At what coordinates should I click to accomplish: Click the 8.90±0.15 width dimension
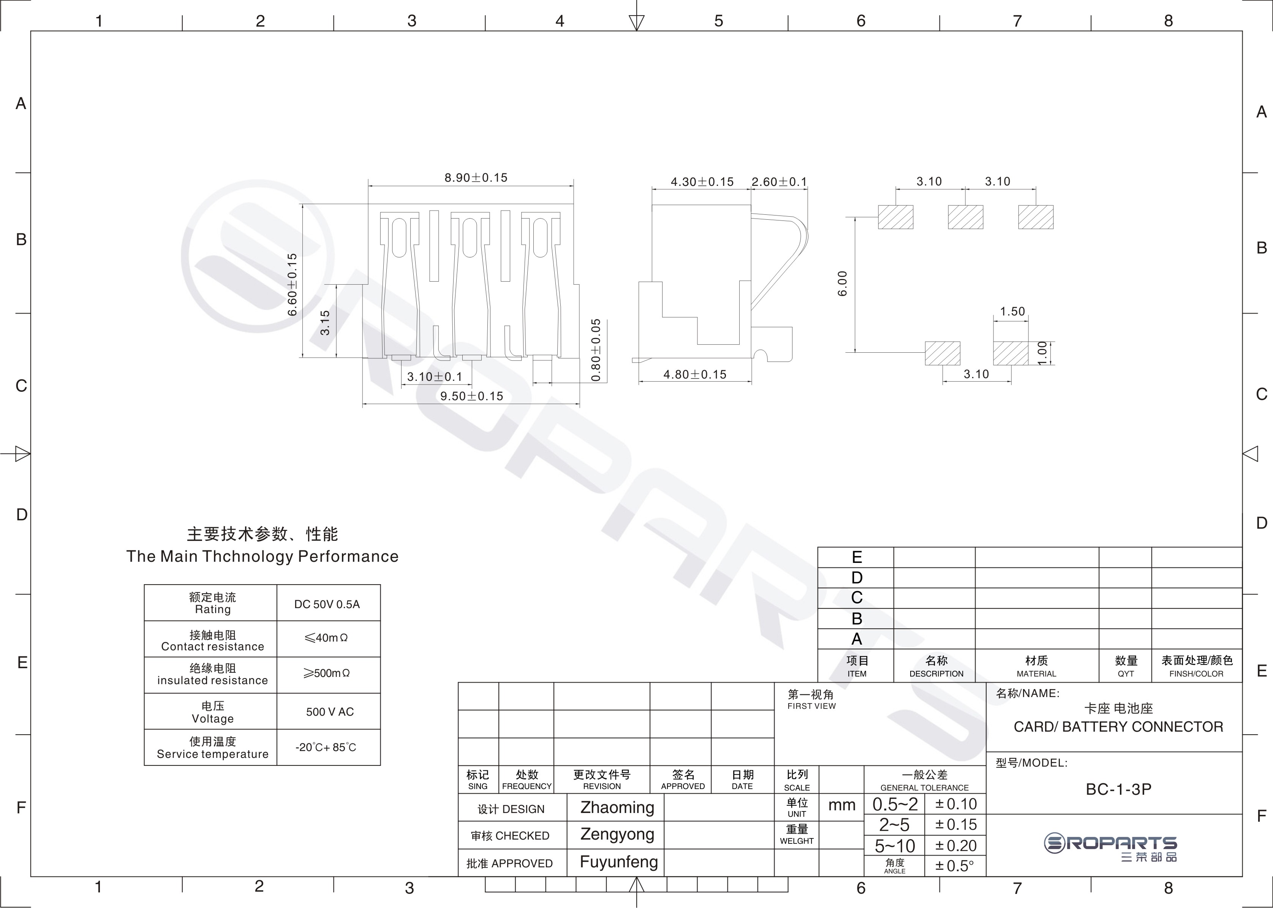pyautogui.click(x=476, y=178)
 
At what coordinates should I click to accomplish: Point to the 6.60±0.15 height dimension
pyautogui.click(x=292, y=285)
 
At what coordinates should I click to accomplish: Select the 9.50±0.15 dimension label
pyautogui.click(x=472, y=396)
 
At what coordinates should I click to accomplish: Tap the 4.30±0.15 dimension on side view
pyautogui.click(x=702, y=182)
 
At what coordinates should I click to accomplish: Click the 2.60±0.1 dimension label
pyautogui.click(x=780, y=182)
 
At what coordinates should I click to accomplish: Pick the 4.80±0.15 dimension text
pyautogui.click(x=695, y=375)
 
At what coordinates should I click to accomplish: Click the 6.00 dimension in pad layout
pyautogui.click(x=843, y=284)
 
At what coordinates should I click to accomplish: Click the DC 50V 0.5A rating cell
pyautogui.click(x=327, y=604)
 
